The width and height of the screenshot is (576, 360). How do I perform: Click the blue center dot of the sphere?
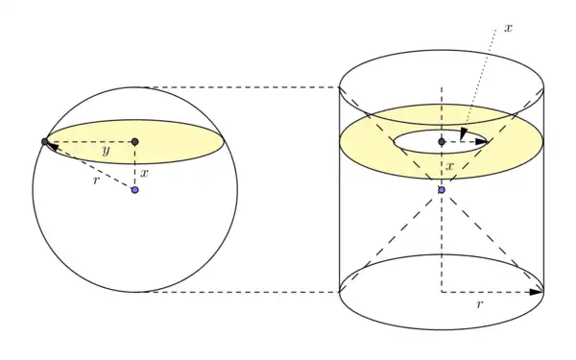(135, 190)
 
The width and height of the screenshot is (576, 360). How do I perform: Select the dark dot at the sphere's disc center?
(134, 142)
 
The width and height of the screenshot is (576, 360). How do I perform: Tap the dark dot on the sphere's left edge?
(45, 142)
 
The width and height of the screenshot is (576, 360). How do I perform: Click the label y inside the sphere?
(107, 151)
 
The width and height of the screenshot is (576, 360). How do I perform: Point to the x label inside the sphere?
(144, 173)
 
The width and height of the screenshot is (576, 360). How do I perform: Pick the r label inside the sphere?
(96, 180)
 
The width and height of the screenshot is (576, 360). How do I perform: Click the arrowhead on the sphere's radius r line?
(53, 147)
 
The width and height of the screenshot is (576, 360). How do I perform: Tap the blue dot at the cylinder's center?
(442, 190)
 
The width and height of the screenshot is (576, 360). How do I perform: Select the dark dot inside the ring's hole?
(442, 142)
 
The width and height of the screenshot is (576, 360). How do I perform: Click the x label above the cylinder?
(508, 28)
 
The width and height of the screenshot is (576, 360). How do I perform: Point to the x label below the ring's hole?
(450, 166)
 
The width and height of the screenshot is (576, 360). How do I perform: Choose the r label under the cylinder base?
(479, 304)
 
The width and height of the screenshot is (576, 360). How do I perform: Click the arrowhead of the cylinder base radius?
(536, 292)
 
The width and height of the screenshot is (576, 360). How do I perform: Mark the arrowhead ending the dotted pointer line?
(464, 133)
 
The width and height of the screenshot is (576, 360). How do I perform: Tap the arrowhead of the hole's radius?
(481, 142)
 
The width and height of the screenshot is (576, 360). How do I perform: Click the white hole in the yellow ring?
(442, 142)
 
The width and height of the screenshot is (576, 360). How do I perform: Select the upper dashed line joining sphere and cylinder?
(243, 87)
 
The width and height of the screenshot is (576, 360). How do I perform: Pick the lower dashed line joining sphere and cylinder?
(243, 292)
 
